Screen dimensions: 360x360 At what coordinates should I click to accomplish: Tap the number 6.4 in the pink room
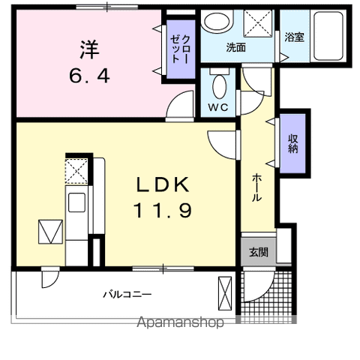pos(89,76)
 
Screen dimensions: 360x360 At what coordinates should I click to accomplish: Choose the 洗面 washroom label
pos(236,47)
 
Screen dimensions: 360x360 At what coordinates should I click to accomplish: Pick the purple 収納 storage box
pos(293,142)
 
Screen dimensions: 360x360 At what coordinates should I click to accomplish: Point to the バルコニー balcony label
pos(127,294)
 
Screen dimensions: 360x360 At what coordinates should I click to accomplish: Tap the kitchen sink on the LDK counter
pos(77,202)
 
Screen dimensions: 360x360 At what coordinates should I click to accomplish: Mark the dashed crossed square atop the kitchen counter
pos(76,171)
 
